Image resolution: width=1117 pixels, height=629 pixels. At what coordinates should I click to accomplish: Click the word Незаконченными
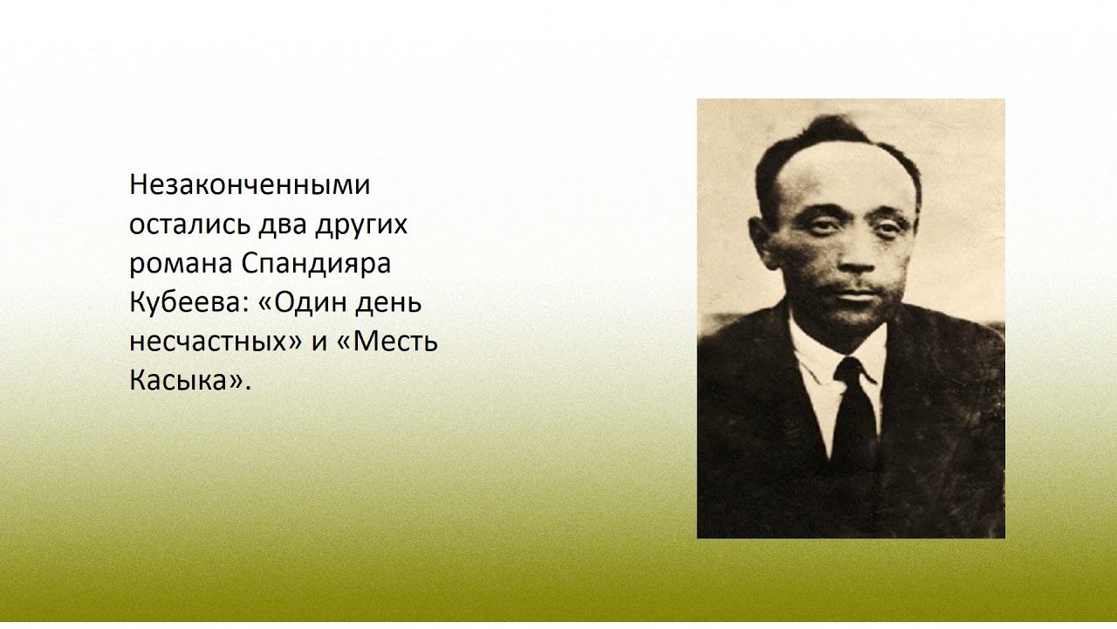[250, 185]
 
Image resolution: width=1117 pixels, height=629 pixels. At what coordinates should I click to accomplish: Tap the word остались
[188, 225]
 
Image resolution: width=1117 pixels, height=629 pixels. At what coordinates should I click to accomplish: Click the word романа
[178, 264]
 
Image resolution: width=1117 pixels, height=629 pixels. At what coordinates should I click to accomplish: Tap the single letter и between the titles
[319, 342]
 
